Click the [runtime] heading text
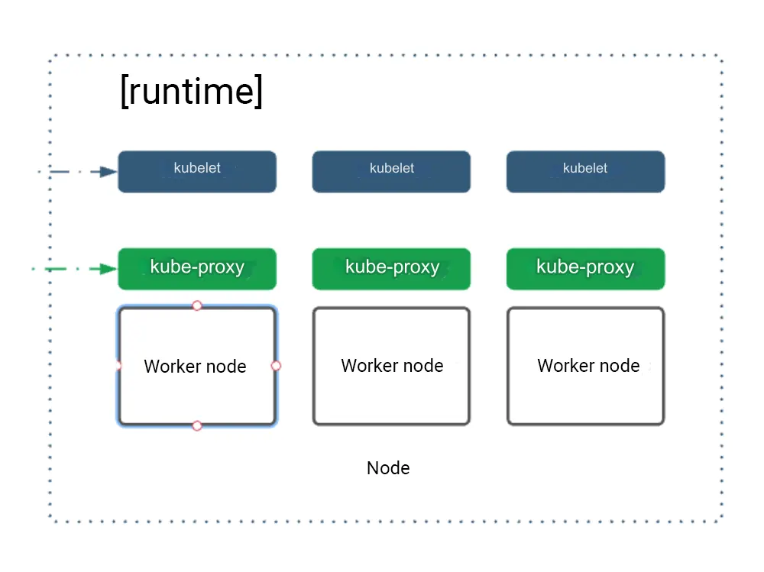coord(192,92)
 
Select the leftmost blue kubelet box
coord(196,172)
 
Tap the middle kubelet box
coord(391,172)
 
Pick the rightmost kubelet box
coord(585,172)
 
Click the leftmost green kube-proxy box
coord(196,269)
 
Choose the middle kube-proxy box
coord(391,269)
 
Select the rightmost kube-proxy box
coord(585,269)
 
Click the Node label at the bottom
coord(388,468)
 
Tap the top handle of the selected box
coord(197,305)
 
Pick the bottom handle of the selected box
coord(197,425)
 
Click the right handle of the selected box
coord(276,366)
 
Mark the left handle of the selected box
coord(118,366)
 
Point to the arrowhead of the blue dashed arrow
coord(109,172)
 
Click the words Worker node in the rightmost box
coord(588,366)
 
